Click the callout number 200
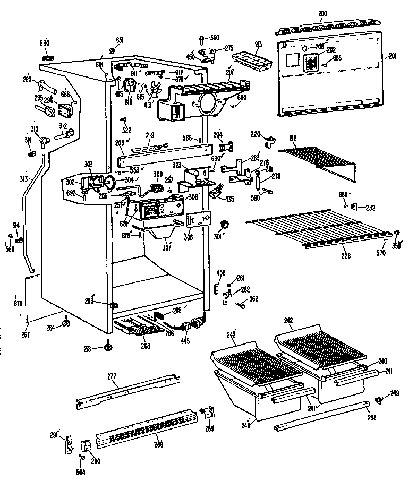pyautogui.click(x=322, y=13)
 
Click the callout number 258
pyautogui.click(x=371, y=418)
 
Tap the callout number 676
pyautogui.click(x=17, y=304)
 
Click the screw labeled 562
pyautogui.click(x=242, y=304)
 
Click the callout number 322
pyautogui.click(x=126, y=130)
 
